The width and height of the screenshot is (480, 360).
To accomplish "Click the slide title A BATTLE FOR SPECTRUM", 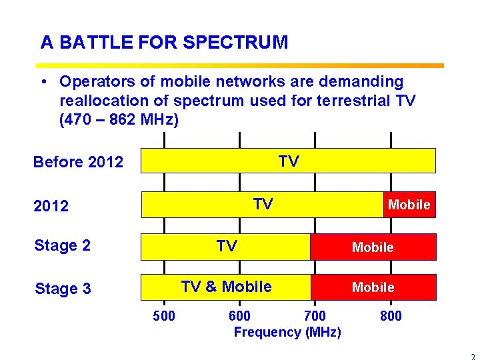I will [164, 43].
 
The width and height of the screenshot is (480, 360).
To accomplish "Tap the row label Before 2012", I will [78, 162].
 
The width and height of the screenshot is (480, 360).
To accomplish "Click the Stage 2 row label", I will [62, 245].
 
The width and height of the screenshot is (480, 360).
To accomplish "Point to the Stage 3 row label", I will [62, 289].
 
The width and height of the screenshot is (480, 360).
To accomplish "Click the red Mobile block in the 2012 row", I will [409, 205].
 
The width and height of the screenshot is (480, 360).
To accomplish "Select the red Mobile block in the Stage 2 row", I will [373, 247].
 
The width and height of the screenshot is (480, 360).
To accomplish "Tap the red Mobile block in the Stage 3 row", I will [373, 287].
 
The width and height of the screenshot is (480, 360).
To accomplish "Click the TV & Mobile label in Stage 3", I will [226, 287].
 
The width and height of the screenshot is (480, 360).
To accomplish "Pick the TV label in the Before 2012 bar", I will [288, 161].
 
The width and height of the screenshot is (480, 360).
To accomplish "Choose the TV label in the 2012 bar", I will [263, 204].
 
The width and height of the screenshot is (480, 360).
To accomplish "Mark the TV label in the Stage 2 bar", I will [227, 247].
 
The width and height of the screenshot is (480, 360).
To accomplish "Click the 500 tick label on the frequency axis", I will [164, 316].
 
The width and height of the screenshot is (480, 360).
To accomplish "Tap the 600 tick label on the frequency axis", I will [239, 316].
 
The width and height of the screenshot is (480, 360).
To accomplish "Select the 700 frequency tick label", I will [315, 316].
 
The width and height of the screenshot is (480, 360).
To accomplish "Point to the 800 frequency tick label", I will [391, 316].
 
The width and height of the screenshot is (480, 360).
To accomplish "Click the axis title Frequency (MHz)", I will [287, 332].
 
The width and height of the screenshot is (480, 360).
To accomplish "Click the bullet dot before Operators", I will [42, 82].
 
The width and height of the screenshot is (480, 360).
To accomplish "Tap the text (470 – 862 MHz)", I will [119, 121].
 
